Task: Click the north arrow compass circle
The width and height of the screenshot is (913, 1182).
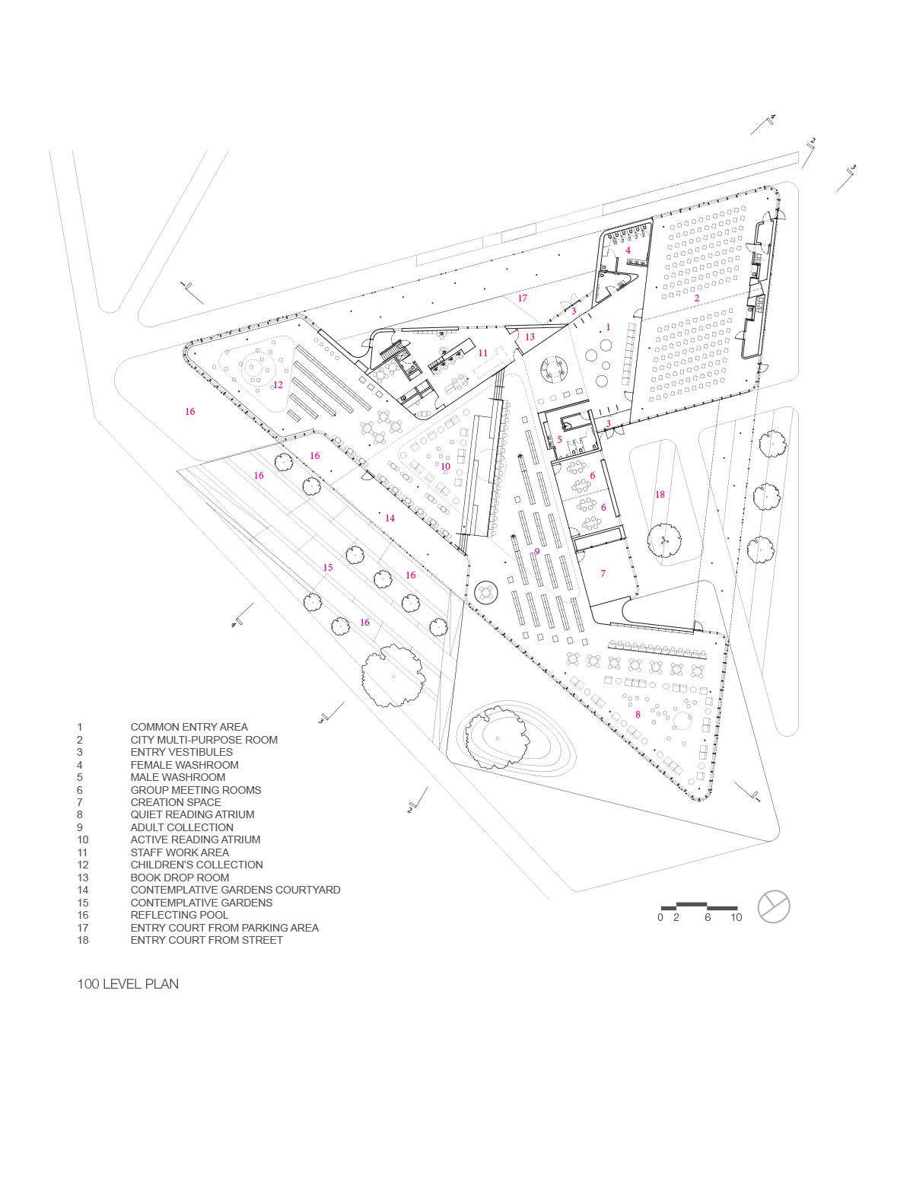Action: (774, 906)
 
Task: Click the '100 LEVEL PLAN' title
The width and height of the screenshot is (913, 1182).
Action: (128, 983)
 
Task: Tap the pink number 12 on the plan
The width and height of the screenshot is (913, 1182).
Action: (278, 385)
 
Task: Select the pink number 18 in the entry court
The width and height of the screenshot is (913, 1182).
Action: (660, 495)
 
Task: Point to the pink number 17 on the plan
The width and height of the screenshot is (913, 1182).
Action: (522, 298)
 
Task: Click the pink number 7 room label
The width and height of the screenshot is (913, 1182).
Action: (603, 574)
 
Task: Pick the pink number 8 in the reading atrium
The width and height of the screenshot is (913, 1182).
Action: (638, 715)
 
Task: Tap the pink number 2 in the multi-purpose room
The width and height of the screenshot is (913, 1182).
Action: (696, 298)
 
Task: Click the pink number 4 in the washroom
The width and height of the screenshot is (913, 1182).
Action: (628, 250)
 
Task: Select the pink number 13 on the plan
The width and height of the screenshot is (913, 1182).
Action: (530, 337)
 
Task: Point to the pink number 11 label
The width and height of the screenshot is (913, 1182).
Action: (483, 353)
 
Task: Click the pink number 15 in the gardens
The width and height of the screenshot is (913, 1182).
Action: (328, 568)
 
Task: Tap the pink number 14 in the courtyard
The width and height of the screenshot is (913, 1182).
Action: (390, 518)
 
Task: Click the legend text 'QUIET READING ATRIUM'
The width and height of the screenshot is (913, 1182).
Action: (192, 814)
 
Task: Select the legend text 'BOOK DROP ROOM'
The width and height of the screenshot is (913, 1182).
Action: (180, 878)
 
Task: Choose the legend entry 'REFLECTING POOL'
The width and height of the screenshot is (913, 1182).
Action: (180, 915)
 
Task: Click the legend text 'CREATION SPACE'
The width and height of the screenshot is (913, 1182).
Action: (176, 802)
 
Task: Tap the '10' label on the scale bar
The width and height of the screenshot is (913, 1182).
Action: (736, 918)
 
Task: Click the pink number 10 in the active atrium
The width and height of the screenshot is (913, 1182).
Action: (445, 467)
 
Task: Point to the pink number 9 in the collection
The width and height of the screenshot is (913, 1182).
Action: (536, 552)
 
